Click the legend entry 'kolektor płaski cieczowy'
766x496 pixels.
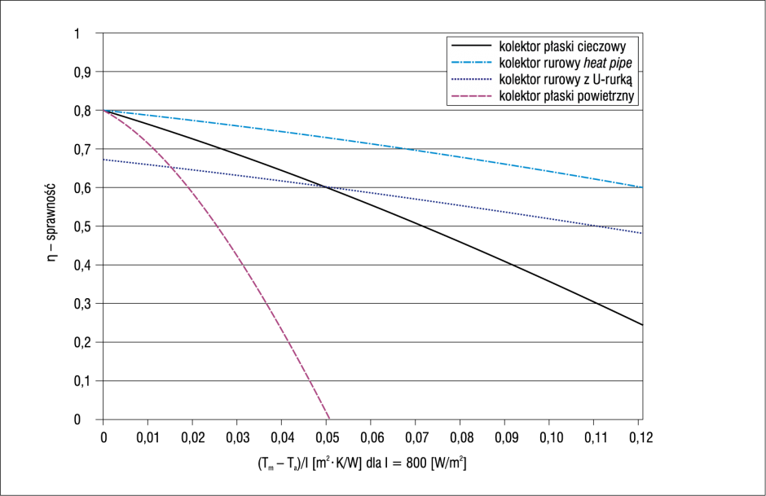(x=562, y=46)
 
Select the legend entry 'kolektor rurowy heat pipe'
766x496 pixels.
(x=566, y=63)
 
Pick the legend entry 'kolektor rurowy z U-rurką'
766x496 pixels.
(x=566, y=79)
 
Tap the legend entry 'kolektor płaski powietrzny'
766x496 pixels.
(x=566, y=95)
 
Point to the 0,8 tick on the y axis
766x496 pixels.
(x=82, y=111)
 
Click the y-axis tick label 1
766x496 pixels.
(x=77, y=33)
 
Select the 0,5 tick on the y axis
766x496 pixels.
(x=82, y=226)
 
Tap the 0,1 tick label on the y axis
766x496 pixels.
(x=82, y=381)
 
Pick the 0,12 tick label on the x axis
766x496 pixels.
(x=641, y=437)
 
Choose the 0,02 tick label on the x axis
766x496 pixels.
(x=193, y=437)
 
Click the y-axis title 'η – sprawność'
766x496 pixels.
(x=51, y=222)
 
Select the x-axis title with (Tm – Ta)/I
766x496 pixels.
(x=362, y=463)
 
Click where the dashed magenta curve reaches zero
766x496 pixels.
(x=330, y=419)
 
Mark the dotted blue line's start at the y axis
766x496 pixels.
(x=103, y=160)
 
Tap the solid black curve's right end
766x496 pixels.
(x=642, y=325)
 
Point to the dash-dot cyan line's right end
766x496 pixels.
(x=642, y=187)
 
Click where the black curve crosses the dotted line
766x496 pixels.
(x=326, y=187)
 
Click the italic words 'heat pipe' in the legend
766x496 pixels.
(x=608, y=63)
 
